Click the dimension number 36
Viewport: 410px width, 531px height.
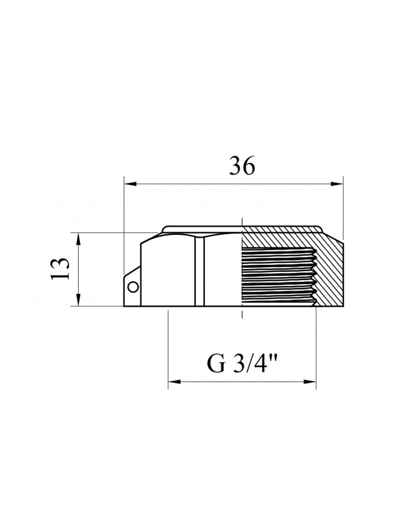[242, 166]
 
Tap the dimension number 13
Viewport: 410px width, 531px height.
[60, 269]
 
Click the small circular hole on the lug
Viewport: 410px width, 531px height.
[133, 287]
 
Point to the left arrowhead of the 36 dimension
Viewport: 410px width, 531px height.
[131, 184]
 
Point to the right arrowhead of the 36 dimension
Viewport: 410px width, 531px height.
[337, 184]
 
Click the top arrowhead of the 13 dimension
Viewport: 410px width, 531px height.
[79, 239]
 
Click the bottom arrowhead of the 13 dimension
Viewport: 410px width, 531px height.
[79, 300]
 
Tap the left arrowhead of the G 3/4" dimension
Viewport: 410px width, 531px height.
[174, 382]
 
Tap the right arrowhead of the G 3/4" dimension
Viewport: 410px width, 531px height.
[309, 382]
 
